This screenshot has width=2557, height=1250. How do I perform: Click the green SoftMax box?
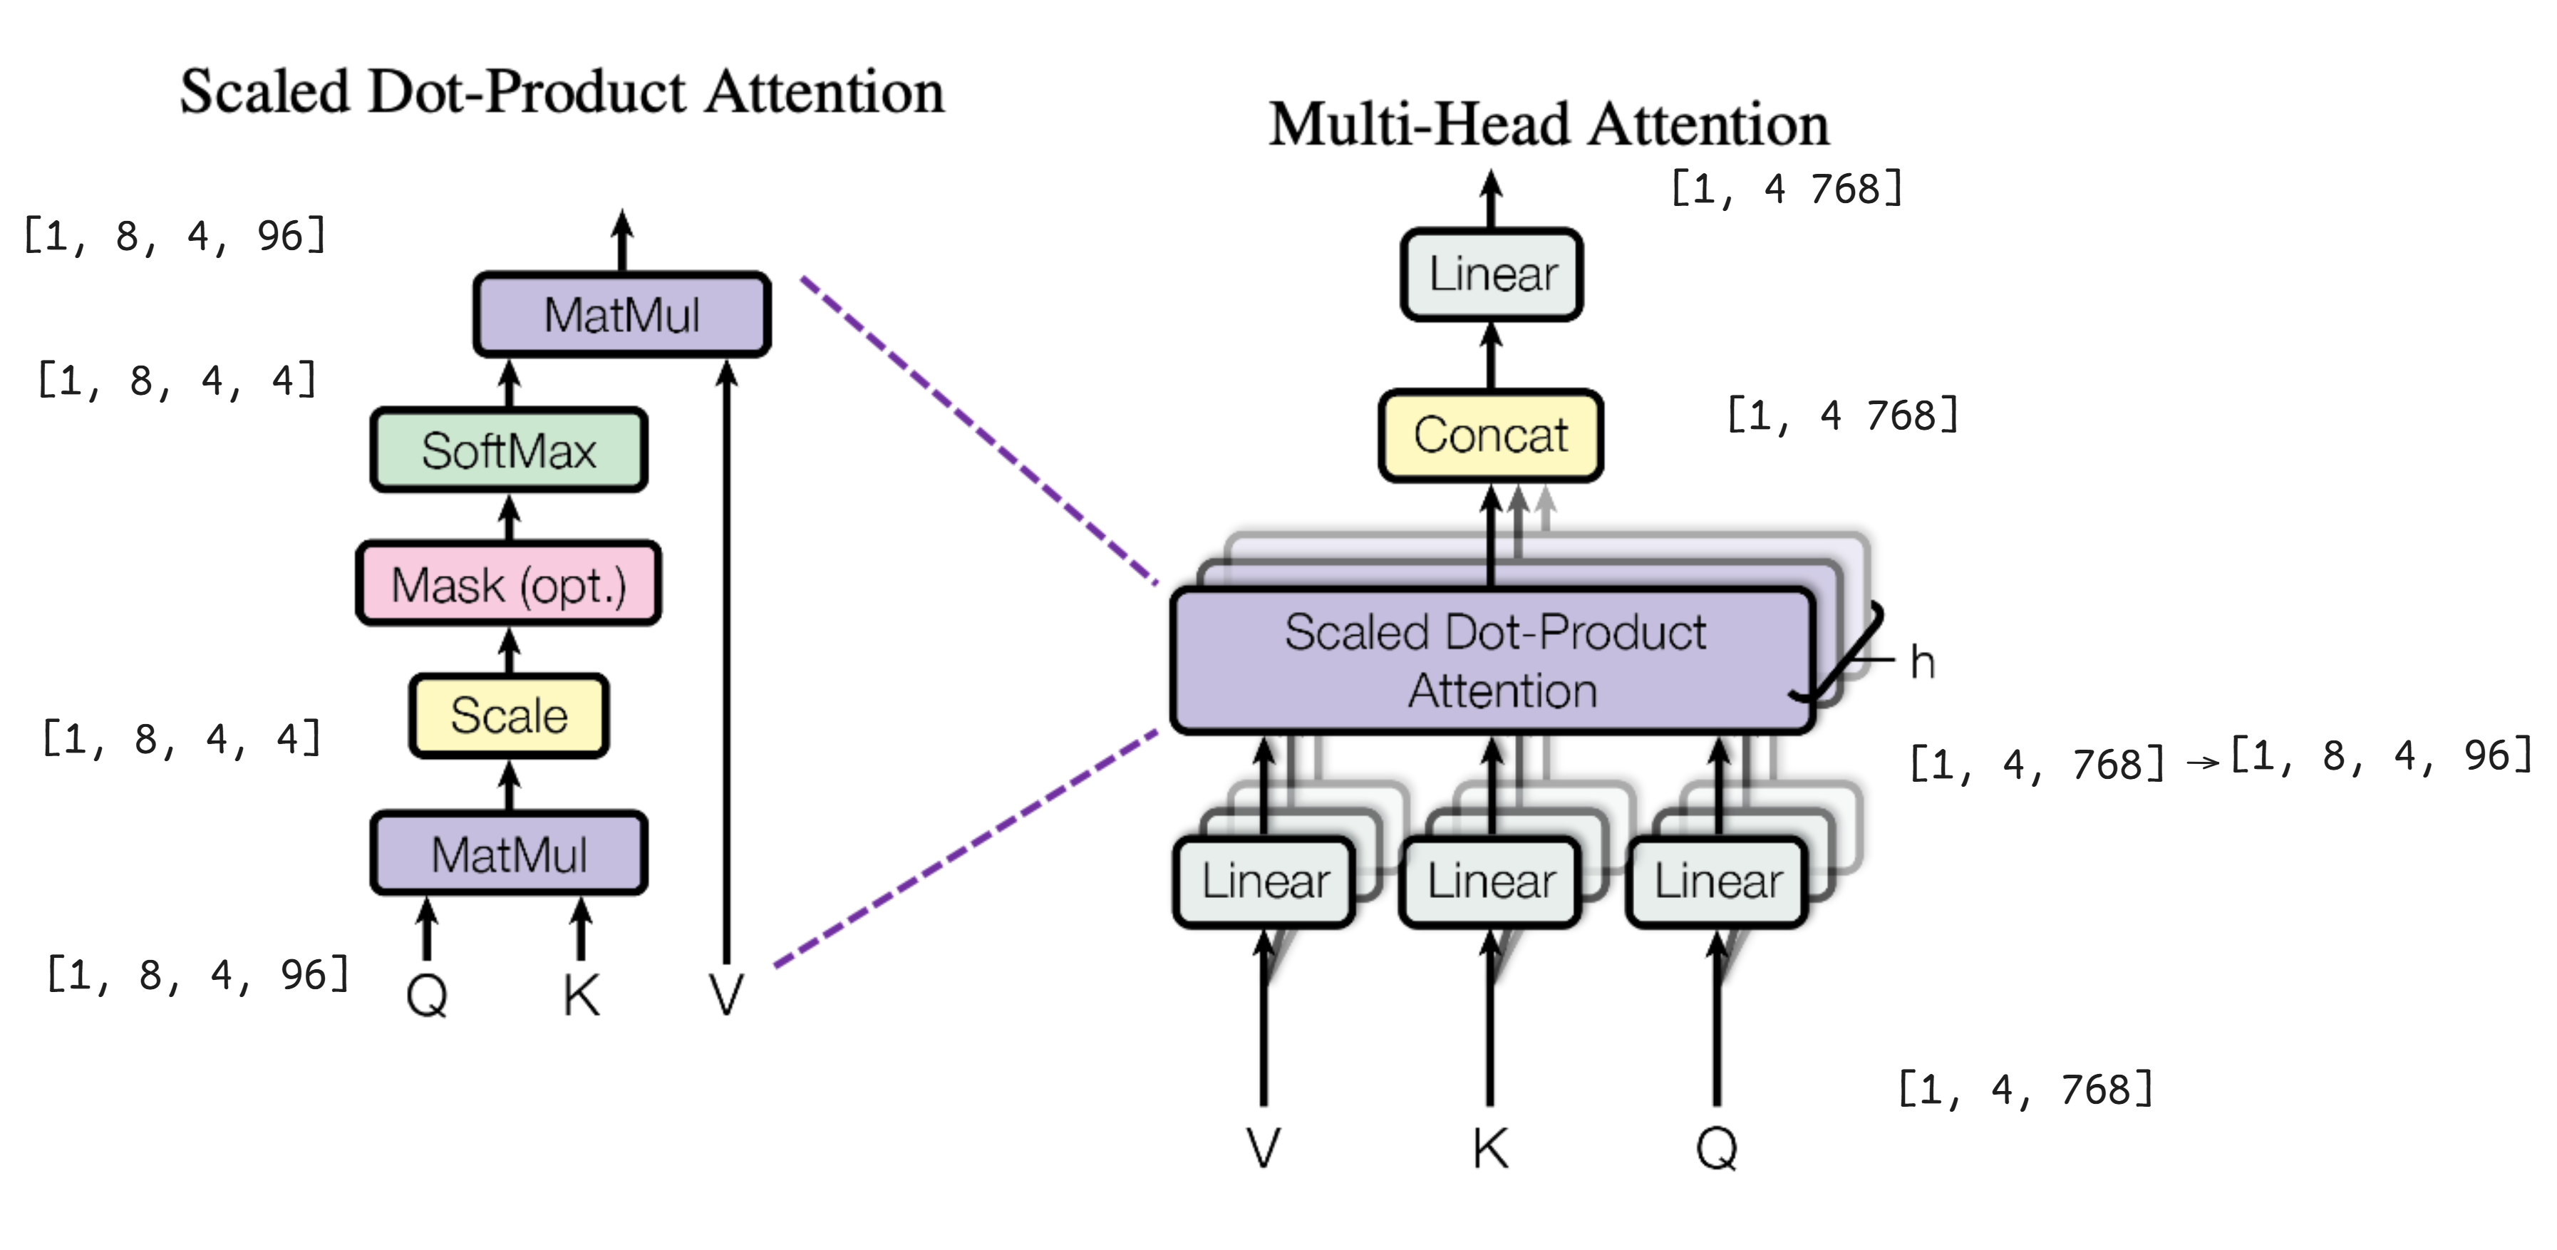tap(508, 450)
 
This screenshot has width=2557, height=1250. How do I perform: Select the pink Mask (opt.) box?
tap(508, 584)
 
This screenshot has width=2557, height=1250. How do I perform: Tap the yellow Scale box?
tap(508, 716)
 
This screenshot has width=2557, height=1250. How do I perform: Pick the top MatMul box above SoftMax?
tap(621, 315)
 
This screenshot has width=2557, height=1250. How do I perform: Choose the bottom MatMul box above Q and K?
tap(508, 854)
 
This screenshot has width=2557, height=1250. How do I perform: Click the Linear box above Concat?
tap(1492, 274)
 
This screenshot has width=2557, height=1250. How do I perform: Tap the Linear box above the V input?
tap(1264, 882)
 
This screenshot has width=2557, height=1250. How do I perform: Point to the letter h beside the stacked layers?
tap(1922, 662)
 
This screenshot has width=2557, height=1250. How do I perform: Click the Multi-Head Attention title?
tap(1549, 125)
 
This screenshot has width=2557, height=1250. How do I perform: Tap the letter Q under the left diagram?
tap(427, 994)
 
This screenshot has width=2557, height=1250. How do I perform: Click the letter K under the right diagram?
tap(1490, 1149)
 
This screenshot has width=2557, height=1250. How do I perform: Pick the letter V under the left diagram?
tap(725, 994)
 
